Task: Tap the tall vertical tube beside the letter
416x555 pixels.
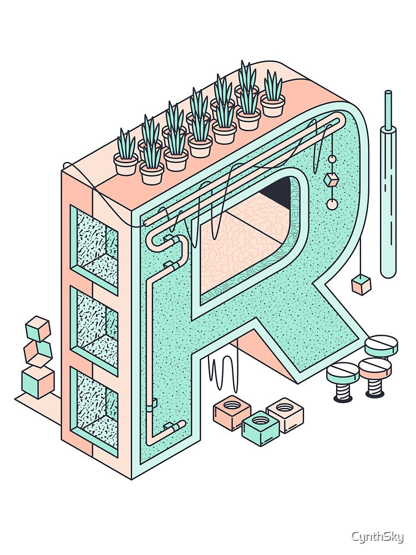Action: (x=388, y=184)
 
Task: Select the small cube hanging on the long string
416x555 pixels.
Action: (x=361, y=285)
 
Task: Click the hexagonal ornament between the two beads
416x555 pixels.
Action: (x=332, y=180)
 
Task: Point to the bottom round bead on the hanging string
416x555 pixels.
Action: (x=332, y=204)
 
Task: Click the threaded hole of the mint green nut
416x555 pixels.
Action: (x=260, y=420)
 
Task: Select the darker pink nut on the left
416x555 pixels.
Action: (x=232, y=412)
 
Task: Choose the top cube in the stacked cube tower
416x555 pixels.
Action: (x=38, y=329)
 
